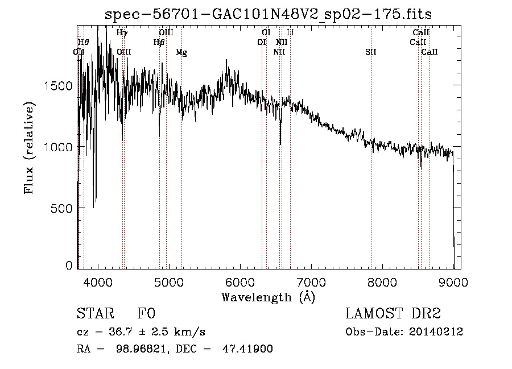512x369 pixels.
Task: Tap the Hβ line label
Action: [x=159, y=42]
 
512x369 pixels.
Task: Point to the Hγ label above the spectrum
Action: [x=122, y=33]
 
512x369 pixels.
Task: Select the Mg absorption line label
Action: [x=181, y=52]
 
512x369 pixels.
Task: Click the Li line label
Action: [x=290, y=33]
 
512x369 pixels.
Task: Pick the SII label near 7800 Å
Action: [x=371, y=52]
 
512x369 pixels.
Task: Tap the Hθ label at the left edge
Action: [x=83, y=42]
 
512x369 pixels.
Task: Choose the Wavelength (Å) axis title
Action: [x=268, y=297]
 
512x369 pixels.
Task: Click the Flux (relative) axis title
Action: [x=28, y=148]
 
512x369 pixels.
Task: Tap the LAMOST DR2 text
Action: [x=393, y=314]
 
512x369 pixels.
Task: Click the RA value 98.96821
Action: [x=144, y=349]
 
